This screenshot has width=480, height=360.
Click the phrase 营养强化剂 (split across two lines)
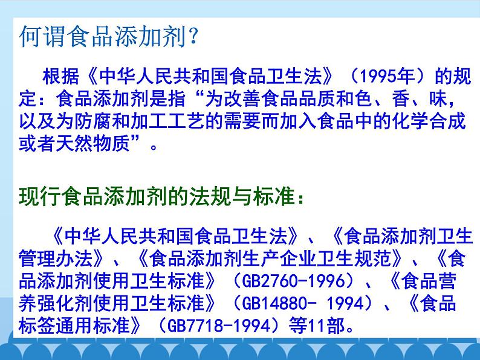(x=447, y=282)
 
